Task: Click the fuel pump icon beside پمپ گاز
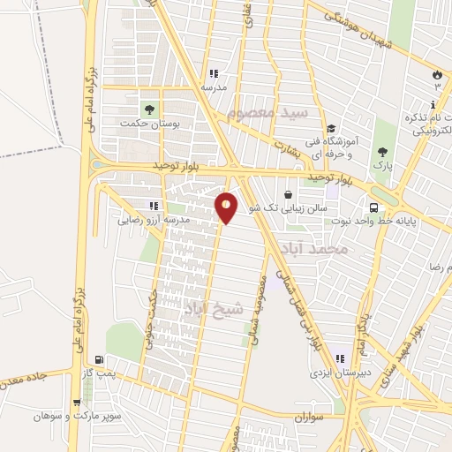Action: click(x=98, y=360)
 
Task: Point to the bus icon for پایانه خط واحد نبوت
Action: click(x=374, y=207)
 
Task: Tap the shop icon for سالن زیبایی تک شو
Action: click(x=288, y=194)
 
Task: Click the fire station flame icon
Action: click(x=436, y=73)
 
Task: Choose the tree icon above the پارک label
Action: click(x=382, y=152)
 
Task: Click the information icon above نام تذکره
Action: click(x=433, y=105)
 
